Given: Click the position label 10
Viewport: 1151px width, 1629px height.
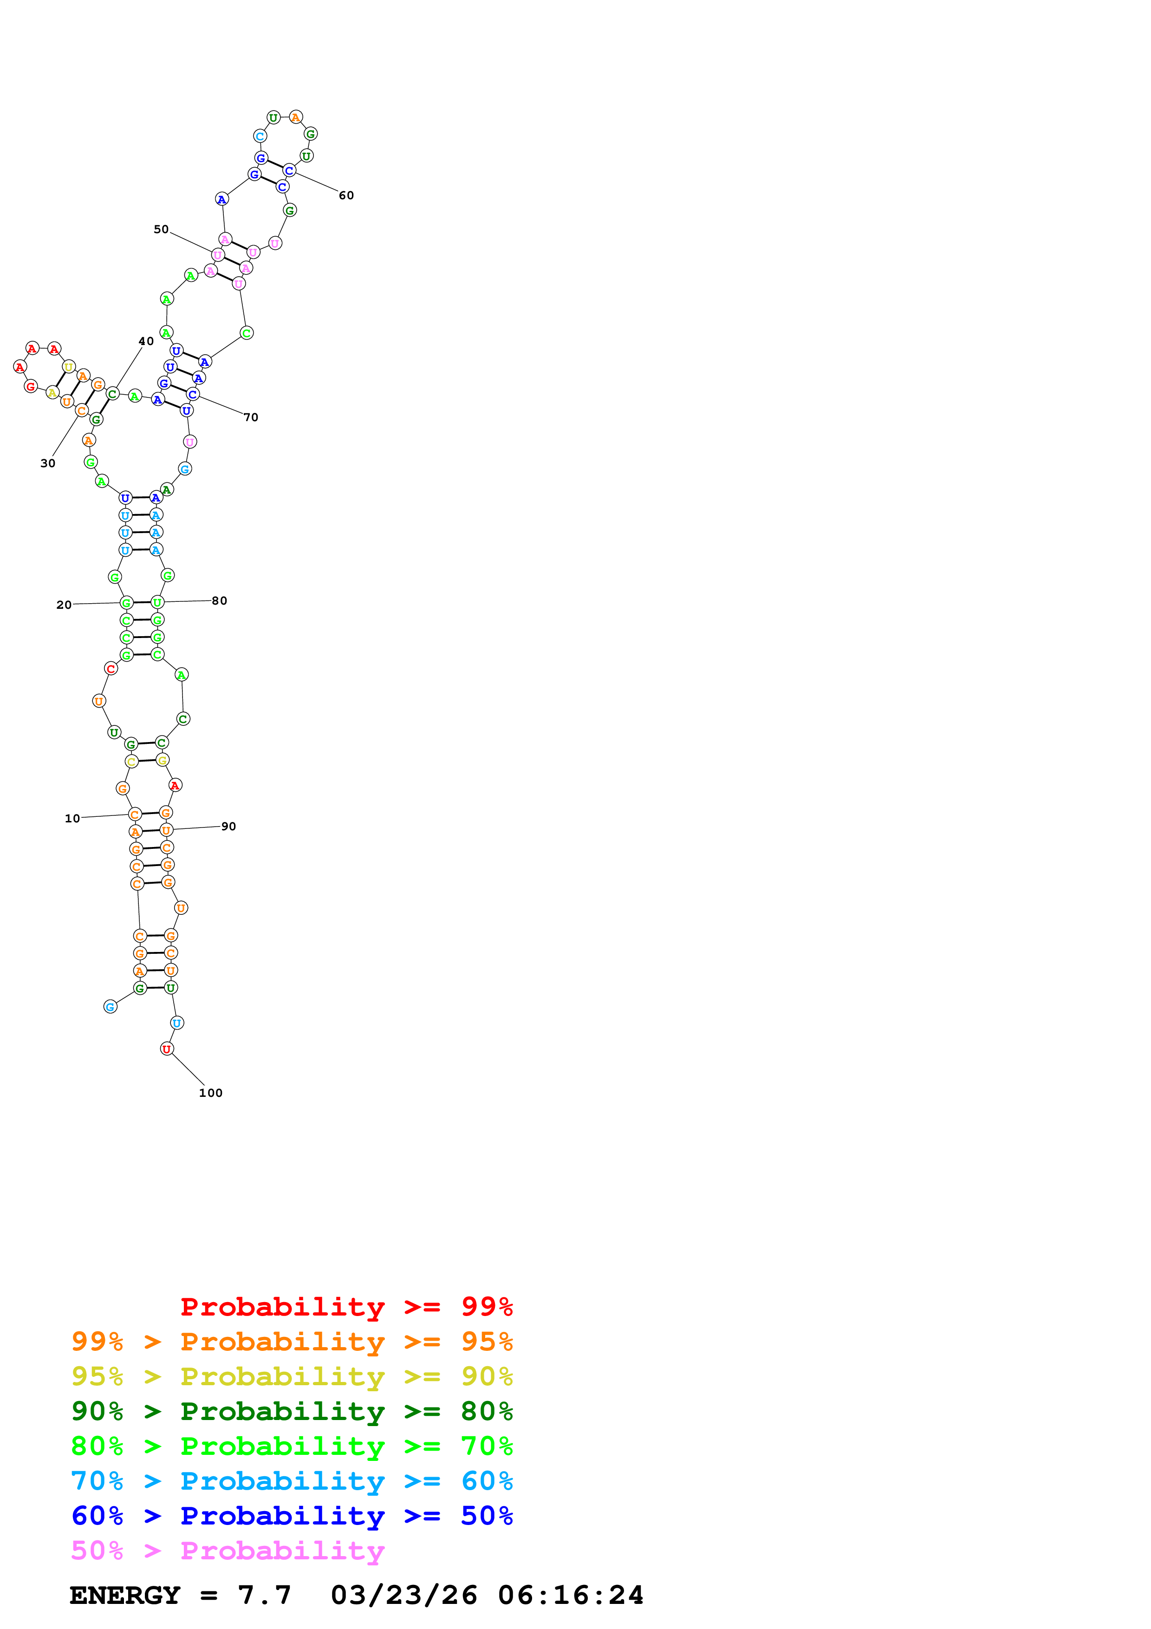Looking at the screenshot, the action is click(72, 818).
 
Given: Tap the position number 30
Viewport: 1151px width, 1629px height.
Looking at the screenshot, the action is click(47, 463).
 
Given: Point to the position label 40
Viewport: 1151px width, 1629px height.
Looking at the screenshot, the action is click(146, 341).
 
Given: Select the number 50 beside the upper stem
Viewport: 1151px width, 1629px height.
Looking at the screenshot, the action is click(161, 229).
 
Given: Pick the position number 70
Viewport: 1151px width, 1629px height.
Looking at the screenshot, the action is click(251, 417).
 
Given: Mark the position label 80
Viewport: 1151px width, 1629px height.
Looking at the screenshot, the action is click(219, 601).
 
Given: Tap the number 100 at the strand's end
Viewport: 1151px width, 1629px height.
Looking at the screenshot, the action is click(211, 1093).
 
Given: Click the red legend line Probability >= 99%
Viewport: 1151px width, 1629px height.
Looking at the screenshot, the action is click(346, 1306).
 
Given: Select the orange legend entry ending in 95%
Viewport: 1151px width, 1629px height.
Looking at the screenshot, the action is click(292, 1342).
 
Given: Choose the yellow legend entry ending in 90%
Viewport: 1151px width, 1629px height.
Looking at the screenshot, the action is click(292, 1376).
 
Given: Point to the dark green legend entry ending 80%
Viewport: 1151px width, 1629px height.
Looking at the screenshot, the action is click(292, 1411).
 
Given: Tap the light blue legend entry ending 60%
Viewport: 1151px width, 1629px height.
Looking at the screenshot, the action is click(292, 1481).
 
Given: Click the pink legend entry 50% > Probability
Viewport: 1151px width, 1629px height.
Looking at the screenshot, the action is click(228, 1550).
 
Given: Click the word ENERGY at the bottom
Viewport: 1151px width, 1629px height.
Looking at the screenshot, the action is click(125, 1595).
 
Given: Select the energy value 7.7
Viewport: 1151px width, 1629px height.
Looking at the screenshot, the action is click(264, 1595).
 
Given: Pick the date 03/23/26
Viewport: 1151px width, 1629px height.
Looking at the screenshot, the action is click(403, 1595).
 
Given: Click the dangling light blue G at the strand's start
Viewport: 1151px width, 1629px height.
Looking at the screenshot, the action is click(111, 1007).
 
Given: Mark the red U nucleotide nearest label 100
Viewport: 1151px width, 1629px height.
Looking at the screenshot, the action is click(167, 1049).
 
